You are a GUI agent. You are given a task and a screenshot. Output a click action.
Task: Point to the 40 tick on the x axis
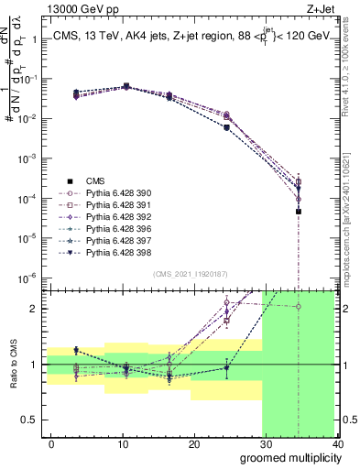click(337, 444)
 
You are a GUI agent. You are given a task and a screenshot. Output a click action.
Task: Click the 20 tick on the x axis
click(194, 444)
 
